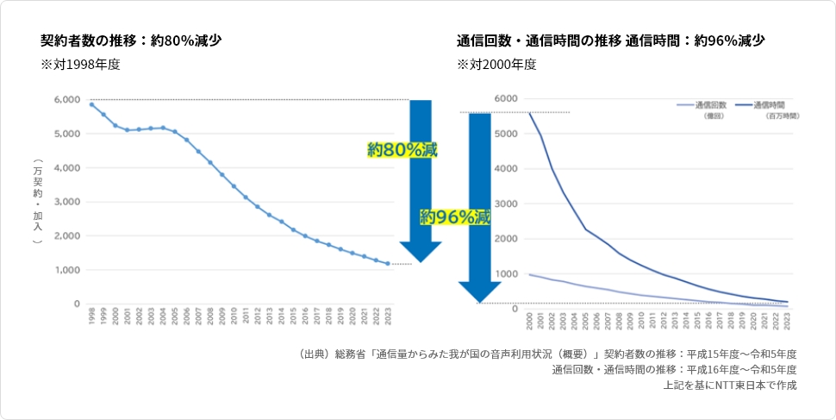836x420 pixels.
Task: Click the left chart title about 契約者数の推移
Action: [x=131, y=41]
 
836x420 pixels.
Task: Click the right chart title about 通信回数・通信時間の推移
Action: [x=610, y=41]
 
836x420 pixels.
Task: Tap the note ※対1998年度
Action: [x=79, y=65]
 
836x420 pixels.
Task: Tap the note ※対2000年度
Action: [x=496, y=65]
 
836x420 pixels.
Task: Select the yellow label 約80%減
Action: [x=402, y=150]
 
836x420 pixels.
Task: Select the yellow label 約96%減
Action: [x=455, y=217]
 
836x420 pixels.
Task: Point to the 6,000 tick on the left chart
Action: [x=67, y=100]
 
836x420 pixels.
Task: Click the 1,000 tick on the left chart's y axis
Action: [x=67, y=270]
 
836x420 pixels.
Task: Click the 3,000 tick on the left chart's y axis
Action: [x=67, y=202]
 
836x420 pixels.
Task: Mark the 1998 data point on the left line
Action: [x=91, y=104]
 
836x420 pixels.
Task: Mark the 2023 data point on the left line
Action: [x=388, y=264]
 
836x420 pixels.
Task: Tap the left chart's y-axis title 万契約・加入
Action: [x=37, y=203]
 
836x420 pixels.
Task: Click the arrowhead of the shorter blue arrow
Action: [x=421, y=251]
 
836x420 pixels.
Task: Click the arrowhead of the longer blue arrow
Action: [x=480, y=292]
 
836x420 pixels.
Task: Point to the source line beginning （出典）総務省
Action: [x=546, y=354]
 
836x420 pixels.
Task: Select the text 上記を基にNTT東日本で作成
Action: [x=729, y=386]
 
